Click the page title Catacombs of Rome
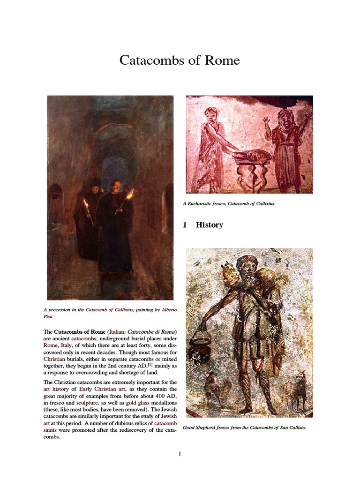coord(180,60)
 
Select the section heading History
coord(209,225)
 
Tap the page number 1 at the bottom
coord(180,453)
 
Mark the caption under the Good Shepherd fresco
coord(244,427)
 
